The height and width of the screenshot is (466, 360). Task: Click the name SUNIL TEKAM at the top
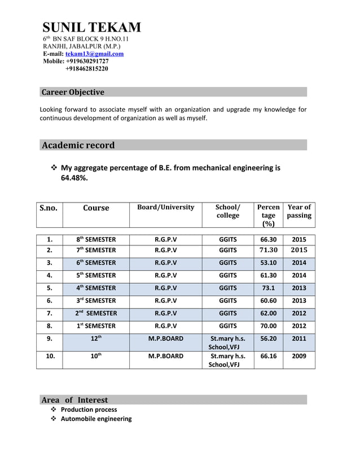92,27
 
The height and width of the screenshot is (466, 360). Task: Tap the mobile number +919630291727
87,61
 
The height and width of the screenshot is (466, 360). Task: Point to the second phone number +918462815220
87,69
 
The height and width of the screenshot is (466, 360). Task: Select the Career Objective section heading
73,92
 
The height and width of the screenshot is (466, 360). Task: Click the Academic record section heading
78,145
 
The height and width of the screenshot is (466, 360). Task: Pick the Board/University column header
165,207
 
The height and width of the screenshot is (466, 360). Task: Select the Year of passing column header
299,211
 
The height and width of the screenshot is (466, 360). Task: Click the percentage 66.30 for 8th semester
268,239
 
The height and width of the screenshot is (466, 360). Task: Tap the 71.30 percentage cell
268,250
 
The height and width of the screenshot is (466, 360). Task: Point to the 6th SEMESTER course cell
96,263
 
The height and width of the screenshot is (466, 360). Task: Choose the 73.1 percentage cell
268,288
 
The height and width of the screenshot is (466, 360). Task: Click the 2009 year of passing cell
299,357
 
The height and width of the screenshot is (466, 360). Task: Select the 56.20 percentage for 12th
268,338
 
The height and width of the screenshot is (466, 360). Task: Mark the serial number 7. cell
50,313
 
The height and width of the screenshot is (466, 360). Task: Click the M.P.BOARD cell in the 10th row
165,357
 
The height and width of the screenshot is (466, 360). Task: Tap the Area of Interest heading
74,400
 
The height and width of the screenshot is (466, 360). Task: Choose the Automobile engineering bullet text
96,419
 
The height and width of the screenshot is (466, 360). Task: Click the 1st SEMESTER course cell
96,326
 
